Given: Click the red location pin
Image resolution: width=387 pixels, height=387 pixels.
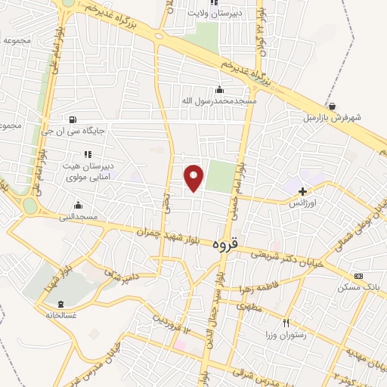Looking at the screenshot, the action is (194, 178).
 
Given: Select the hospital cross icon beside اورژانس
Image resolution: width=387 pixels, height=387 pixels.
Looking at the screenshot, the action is (303, 192).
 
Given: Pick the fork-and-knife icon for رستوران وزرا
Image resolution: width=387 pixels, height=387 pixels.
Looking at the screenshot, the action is (286, 323).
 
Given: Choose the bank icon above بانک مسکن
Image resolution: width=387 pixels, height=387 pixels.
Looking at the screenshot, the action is (358, 276).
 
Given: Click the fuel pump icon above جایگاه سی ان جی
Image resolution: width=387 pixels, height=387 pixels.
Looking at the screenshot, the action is (72, 119).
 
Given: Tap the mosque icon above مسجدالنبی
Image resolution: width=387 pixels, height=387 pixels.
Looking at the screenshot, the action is (78, 205).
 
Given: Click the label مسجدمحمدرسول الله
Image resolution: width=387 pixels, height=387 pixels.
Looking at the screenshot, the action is (219, 101).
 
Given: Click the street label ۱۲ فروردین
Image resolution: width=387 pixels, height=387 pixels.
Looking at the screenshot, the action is (173, 324).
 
